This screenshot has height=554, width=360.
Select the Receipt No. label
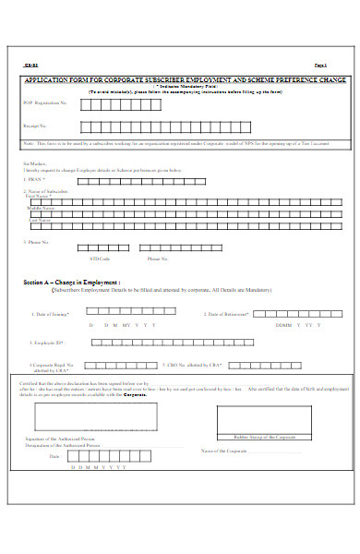pos(34,126)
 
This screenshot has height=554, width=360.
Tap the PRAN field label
pos(36,179)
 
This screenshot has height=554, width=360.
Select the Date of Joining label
pos(52,314)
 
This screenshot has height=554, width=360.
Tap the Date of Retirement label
pos(225,314)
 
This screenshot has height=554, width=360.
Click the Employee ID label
pos(48,342)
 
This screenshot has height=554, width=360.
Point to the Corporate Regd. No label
pos(54,365)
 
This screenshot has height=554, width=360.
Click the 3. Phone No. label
pos(38,242)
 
